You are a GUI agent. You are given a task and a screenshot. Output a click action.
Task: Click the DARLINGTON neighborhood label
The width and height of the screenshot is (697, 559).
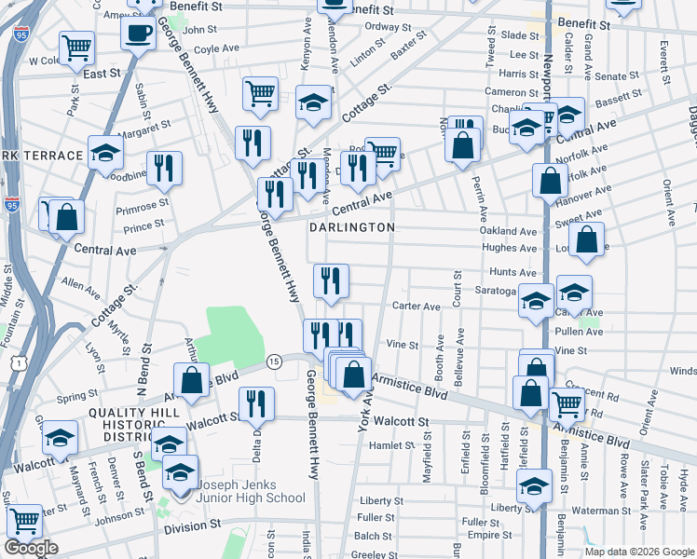[x=352, y=226]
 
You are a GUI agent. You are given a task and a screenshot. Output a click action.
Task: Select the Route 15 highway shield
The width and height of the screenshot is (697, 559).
[x=274, y=361]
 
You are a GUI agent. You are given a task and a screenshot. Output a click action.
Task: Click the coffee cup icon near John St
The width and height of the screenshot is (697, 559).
[x=138, y=34]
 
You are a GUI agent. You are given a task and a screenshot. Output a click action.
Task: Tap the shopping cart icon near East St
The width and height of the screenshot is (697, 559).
[x=76, y=46]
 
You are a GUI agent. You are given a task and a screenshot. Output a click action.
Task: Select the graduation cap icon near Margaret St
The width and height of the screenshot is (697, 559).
[x=106, y=152]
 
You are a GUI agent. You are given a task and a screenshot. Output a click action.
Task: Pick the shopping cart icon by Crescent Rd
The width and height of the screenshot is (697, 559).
[x=567, y=403]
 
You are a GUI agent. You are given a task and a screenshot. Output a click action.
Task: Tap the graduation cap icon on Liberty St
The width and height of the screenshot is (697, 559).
[x=535, y=487]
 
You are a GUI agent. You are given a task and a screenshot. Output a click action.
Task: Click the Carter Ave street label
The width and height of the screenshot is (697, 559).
[x=416, y=307]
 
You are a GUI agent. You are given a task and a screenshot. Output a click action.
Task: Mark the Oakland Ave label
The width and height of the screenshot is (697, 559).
[x=508, y=231]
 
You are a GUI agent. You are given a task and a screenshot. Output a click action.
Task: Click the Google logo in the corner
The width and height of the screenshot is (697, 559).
[x=32, y=548]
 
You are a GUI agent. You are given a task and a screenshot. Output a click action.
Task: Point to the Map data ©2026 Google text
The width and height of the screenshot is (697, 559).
[x=638, y=552]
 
